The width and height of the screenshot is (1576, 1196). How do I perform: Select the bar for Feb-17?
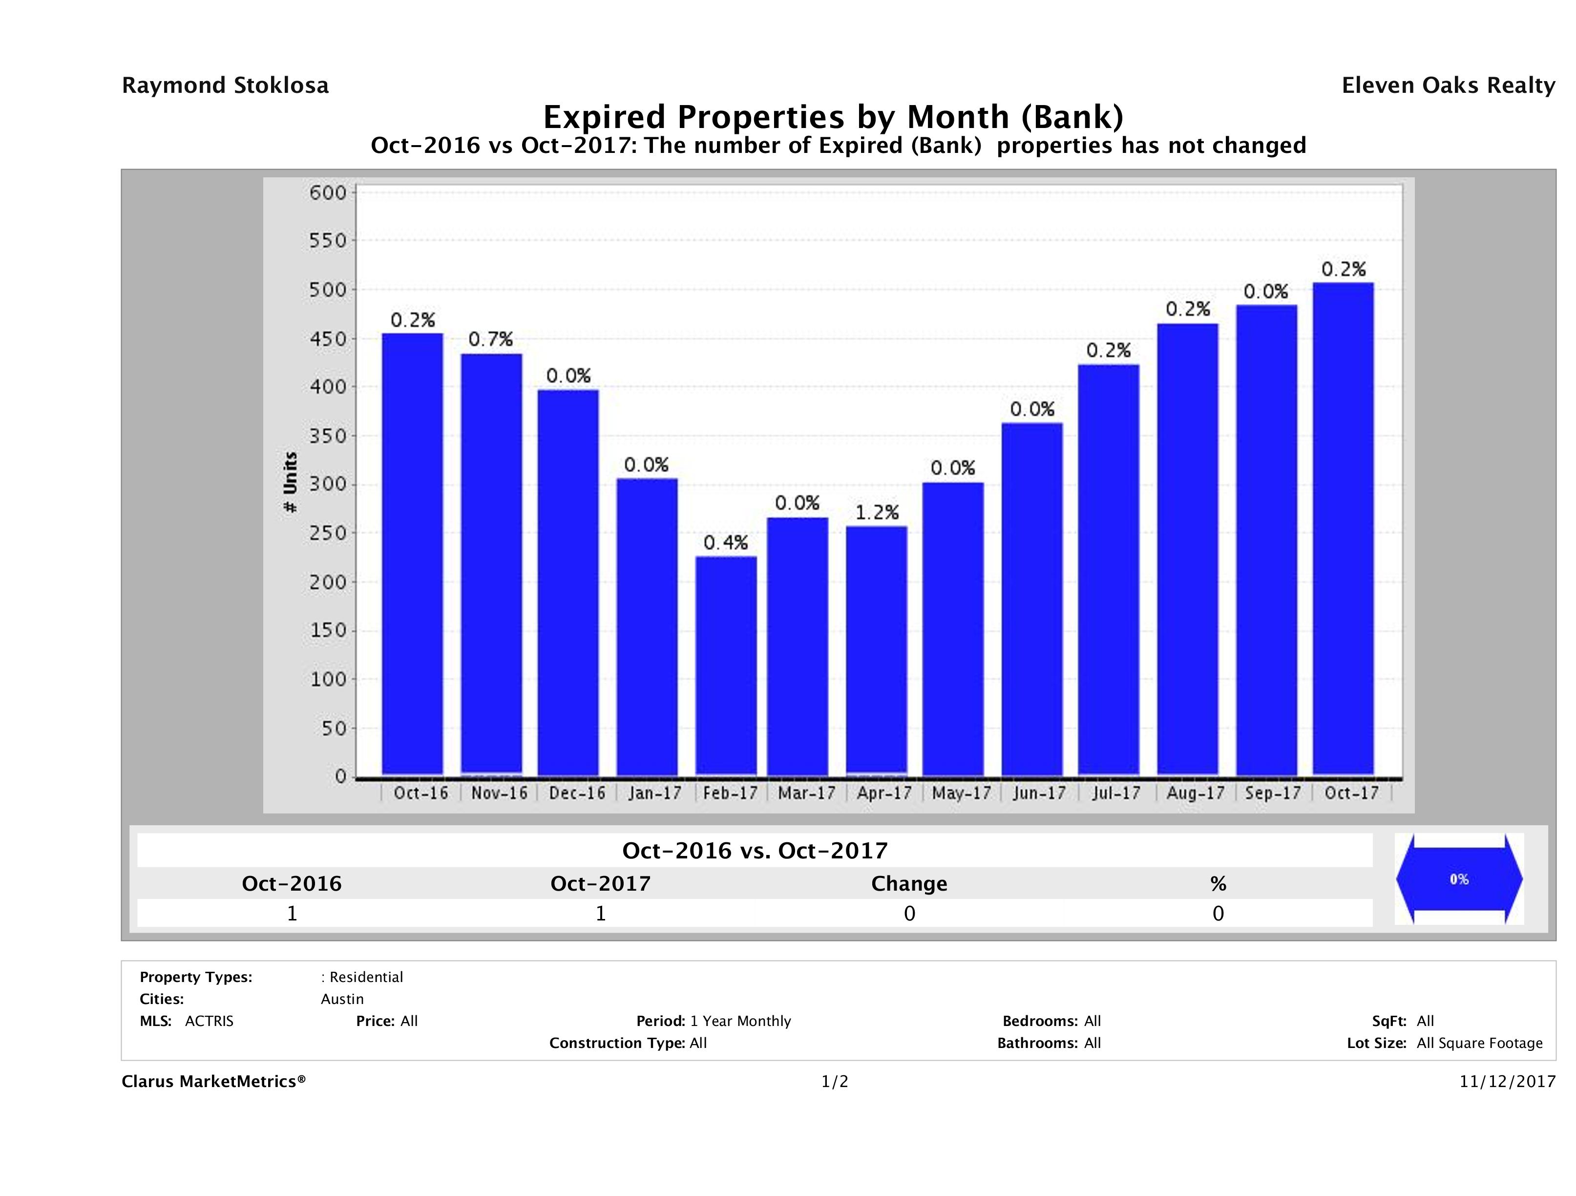point(726,666)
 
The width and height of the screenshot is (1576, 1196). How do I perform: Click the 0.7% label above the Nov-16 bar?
point(490,339)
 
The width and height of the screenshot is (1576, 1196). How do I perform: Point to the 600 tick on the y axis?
point(327,193)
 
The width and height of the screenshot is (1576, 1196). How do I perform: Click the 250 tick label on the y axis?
point(327,533)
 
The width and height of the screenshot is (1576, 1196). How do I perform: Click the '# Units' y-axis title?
point(290,483)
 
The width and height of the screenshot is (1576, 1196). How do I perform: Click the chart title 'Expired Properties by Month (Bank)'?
point(833,116)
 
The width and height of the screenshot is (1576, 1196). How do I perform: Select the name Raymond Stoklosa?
point(225,85)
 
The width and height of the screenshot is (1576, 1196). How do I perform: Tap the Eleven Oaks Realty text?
point(1448,85)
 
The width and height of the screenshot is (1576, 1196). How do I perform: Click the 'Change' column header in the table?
point(909,884)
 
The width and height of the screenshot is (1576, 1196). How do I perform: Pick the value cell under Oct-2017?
point(601,914)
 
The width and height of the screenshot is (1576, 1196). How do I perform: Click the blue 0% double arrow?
point(1458,879)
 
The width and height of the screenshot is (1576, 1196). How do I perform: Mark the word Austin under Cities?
point(342,999)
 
